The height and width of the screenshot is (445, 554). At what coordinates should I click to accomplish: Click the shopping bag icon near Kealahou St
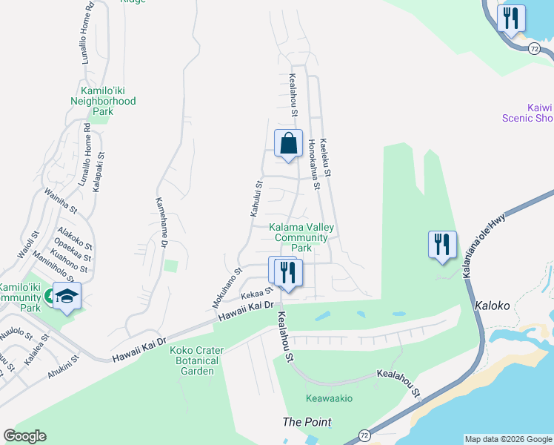(x=288, y=143)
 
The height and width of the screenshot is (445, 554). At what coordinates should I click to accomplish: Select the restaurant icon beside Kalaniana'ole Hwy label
(x=442, y=244)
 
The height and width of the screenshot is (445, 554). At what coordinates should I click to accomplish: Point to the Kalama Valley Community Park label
(x=301, y=237)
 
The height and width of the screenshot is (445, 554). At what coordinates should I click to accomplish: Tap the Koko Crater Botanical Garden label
(x=195, y=360)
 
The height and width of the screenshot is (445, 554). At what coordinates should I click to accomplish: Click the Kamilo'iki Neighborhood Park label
(x=103, y=100)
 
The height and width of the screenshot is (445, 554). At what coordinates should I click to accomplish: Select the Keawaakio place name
(x=327, y=398)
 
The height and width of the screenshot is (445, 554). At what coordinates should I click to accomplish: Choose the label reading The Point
(x=307, y=422)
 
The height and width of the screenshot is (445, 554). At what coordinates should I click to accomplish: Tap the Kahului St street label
(x=256, y=198)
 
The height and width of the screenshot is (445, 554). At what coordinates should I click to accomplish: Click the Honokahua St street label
(x=314, y=163)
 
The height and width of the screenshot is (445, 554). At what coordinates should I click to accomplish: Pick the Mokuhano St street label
(x=227, y=287)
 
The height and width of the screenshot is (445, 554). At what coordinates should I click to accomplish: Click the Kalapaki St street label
(x=101, y=174)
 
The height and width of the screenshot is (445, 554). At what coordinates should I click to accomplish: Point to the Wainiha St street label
(x=56, y=200)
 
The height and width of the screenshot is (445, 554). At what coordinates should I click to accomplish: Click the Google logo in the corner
(x=24, y=436)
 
